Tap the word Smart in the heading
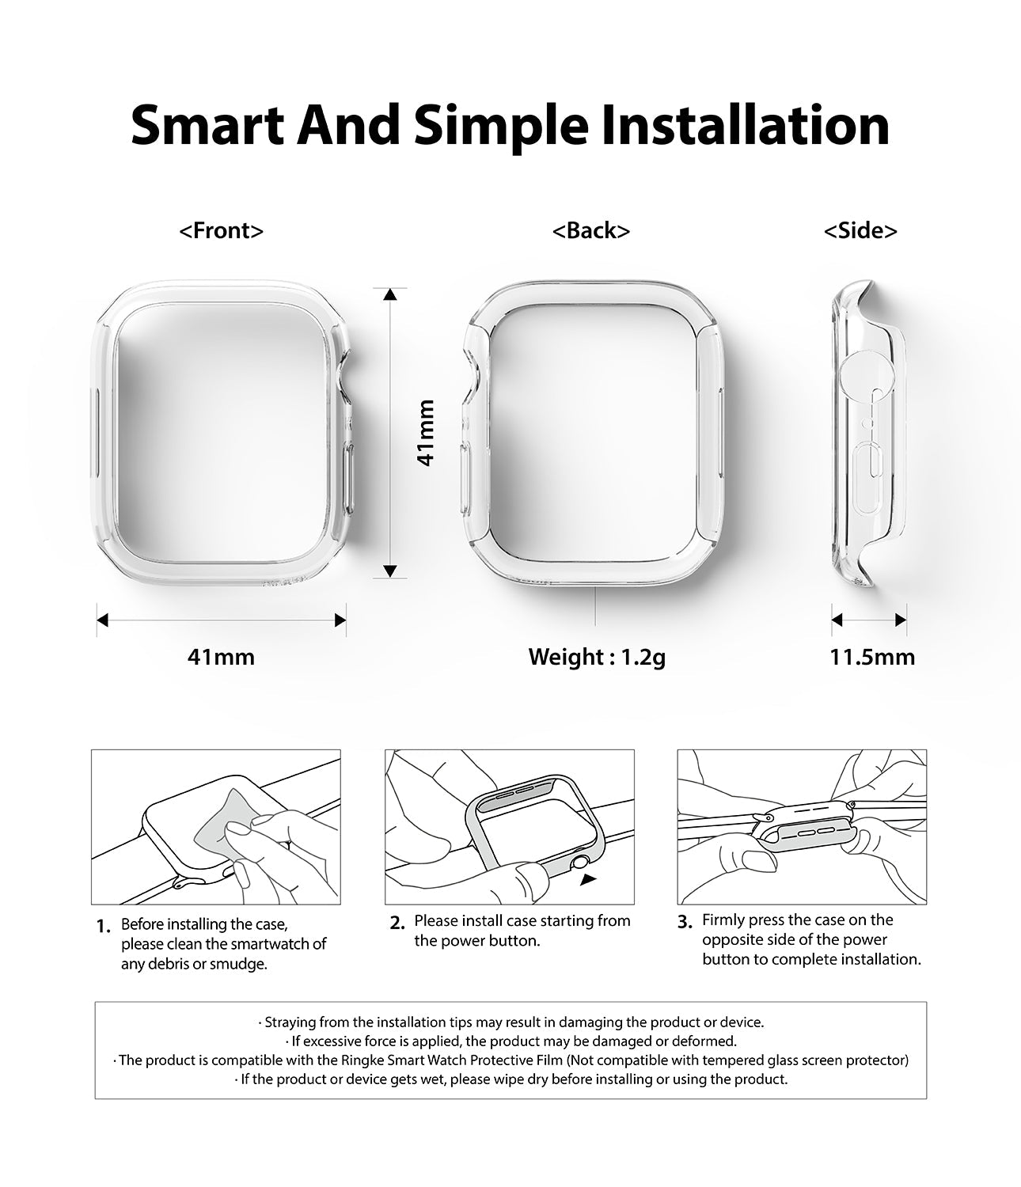coord(207,125)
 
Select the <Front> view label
coord(221,230)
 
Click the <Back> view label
coord(591,230)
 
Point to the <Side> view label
coord(860,230)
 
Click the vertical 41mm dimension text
coord(426,433)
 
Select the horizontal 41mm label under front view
coord(221,656)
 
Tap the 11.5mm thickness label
coord(872,656)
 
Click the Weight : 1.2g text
coord(598,657)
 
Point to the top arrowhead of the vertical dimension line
coord(390,294)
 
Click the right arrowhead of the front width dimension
coord(340,620)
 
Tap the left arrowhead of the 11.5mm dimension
coord(837,620)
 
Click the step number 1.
coord(104,927)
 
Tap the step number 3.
coord(685,923)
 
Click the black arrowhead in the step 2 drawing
coord(587,879)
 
